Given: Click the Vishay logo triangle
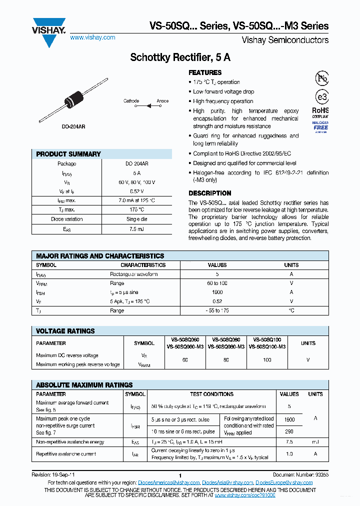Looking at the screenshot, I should click(49, 31).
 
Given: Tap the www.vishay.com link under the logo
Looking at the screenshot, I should click(92, 37).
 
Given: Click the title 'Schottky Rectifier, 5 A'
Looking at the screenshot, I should click(180, 57).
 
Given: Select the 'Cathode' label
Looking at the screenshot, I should click(131, 101).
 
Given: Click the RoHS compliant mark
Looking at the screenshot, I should click(320, 112).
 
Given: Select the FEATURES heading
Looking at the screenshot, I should click(205, 72).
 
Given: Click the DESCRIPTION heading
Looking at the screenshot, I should click(209, 193).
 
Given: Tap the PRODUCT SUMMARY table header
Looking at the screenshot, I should click(68, 154).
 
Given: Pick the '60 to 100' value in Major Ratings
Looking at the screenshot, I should click(217, 283).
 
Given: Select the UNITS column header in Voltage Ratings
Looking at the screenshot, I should click(308, 343).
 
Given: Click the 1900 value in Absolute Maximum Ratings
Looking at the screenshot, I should click(289, 419).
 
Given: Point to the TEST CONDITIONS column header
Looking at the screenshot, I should click(211, 394).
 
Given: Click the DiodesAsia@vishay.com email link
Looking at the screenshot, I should click(227, 482).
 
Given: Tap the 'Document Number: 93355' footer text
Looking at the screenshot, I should click(300, 474).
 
